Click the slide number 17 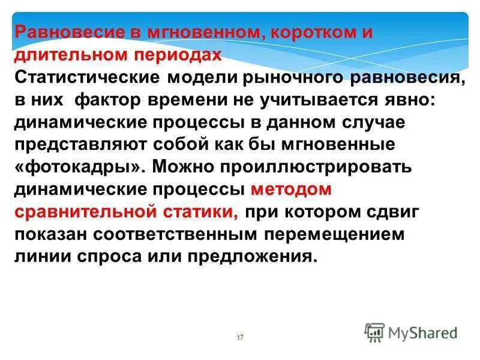240,338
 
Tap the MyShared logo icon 374,332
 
